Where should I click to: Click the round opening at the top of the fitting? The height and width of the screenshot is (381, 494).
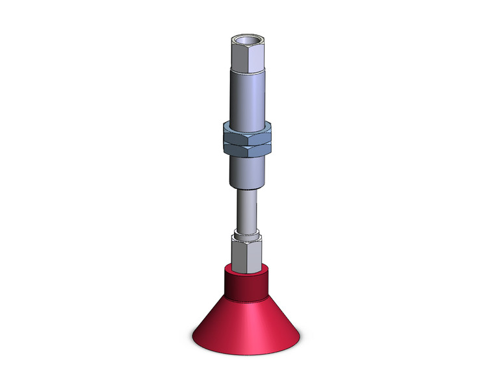(246, 42)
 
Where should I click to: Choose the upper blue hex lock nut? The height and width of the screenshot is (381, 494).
(246, 132)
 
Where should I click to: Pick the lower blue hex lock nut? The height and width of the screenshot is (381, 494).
(246, 149)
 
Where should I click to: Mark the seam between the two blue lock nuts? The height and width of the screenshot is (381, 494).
(246, 141)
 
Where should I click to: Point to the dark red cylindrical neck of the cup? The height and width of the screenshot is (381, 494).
(246, 286)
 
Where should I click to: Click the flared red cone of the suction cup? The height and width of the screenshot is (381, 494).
(246, 325)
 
